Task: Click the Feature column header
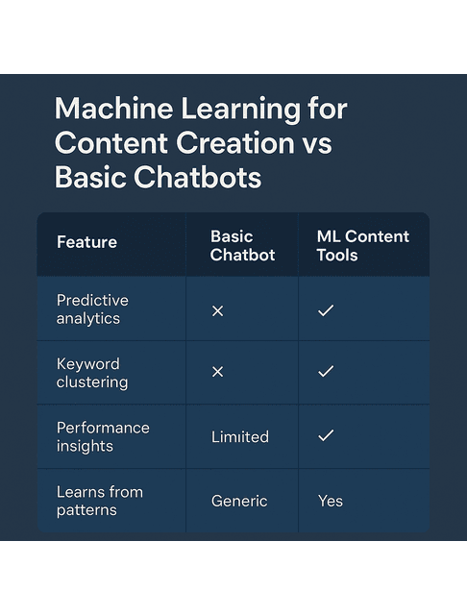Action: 86,242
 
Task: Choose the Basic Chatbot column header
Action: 242,245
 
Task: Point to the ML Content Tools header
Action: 362,245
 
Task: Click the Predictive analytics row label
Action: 92,308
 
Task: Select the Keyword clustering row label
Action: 92,373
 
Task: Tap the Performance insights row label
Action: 103,436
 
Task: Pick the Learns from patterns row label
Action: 99,501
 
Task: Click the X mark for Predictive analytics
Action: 217,310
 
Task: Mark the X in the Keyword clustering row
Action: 217,372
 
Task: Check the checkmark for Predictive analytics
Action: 326,310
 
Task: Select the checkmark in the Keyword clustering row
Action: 326,372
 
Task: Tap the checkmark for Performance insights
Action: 326,436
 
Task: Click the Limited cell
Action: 239,437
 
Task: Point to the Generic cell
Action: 239,501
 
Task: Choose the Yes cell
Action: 330,501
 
